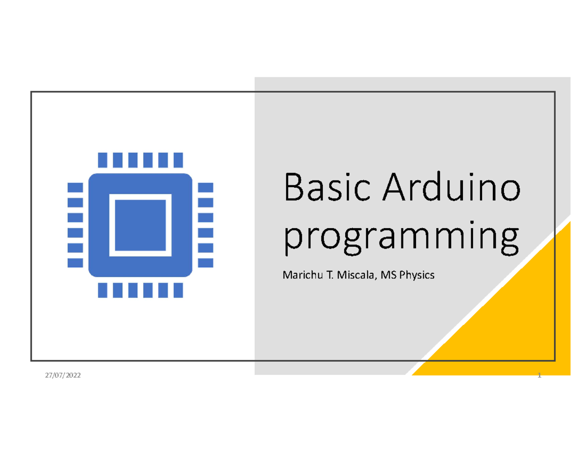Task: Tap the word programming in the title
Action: click(x=400, y=237)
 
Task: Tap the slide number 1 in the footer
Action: click(x=539, y=375)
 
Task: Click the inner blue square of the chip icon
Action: click(x=140, y=225)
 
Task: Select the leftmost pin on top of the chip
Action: click(x=102, y=159)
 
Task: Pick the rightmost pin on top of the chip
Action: click(x=178, y=159)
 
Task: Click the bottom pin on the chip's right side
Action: click(x=206, y=263)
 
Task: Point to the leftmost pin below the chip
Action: click(x=102, y=290)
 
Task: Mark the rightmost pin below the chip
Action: click(x=178, y=290)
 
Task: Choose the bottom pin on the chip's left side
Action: click(x=75, y=263)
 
